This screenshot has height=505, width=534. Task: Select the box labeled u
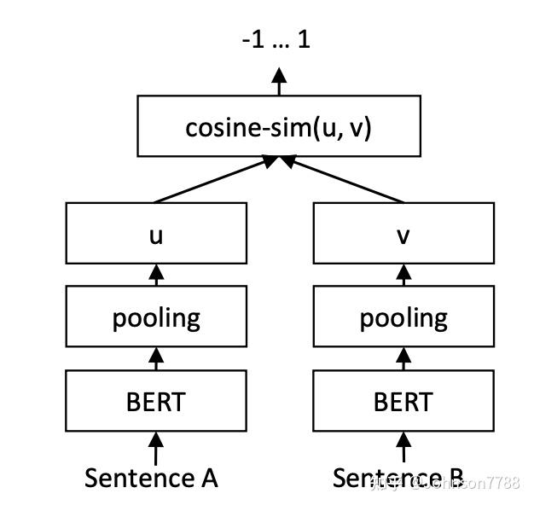tap(156, 233)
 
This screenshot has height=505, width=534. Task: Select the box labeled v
tap(403, 233)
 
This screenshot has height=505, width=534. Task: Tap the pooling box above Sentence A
tap(156, 317)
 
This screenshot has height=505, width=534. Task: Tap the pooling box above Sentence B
tap(403, 317)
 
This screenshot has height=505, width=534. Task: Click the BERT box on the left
tap(156, 400)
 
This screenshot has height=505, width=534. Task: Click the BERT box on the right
tap(403, 400)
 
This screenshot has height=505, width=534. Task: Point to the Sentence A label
tap(151, 478)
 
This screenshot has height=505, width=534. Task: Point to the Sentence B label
tap(399, 478)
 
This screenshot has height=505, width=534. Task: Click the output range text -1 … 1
tap(276, 39)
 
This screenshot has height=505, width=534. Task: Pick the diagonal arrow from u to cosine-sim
tap(213, 180)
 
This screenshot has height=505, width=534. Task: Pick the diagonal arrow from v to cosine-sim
tap(345, 180)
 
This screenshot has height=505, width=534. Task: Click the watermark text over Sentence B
tap(452, 484)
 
